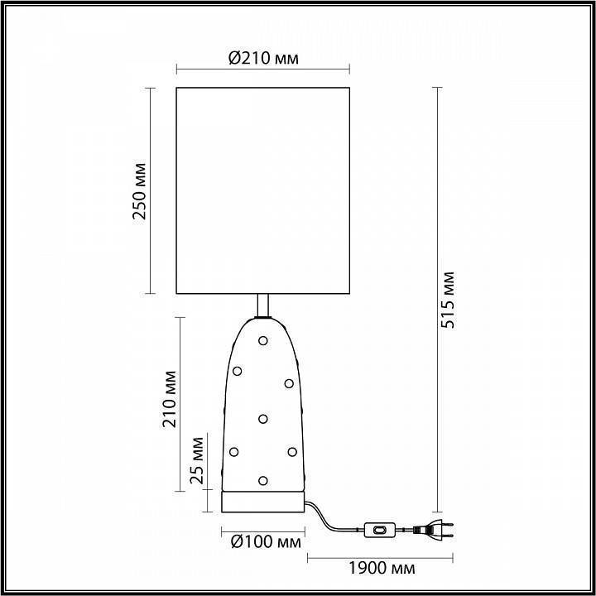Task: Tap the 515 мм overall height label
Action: click(x=448, y=300)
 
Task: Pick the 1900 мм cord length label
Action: click(x=380, y=569)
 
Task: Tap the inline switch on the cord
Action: click(x=379, y=527)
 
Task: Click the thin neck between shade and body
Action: click(x=263, y=305)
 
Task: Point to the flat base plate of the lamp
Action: click(x=262, y=502)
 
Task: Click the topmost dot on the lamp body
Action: click(x=263, y=339)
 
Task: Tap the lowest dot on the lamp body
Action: click(x=263, y=480)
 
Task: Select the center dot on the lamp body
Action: click(x=263, y=418)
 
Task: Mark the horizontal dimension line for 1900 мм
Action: click(x=380, y=555)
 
